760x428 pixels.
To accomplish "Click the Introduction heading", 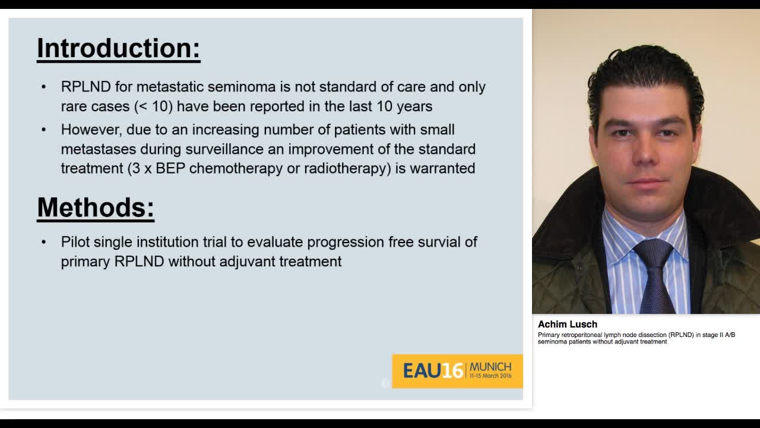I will pyautogui.click(x=118, y=48).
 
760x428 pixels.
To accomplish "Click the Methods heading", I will pyautogui.click(x=96, y=207).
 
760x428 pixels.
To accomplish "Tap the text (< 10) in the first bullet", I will pyautogui.click(x=153, y=106).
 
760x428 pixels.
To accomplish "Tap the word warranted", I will pyautogui.click(x=442, y=168).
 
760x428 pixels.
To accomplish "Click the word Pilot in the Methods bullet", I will pyautogui.click(x=75, y=242).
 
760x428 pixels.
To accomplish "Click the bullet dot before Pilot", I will pyautogui.click(x=44, y=242).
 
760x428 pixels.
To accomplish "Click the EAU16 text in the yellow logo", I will pyautogui.click(x=432, y=371).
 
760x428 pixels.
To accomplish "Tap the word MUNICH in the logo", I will pyautogui.click(x=490, y=366).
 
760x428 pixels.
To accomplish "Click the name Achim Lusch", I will pyautogui.click(x=568, y=325).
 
